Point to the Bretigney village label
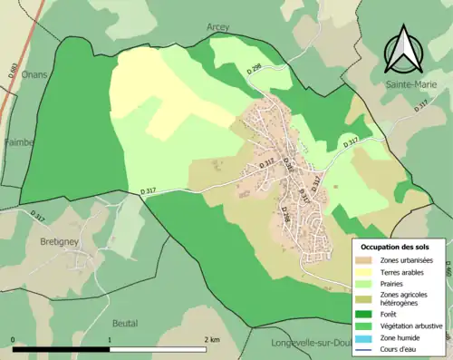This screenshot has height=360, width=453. coord(61,243)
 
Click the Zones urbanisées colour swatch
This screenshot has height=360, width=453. coord(367,261)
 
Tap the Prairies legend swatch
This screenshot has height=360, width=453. coord(367,284)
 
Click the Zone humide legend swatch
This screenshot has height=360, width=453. coord(367,336)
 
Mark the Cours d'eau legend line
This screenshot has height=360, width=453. coord(367,347)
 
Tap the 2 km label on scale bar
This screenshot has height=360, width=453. coord(211,340)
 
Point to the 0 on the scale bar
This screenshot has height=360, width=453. coord(13,340)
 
